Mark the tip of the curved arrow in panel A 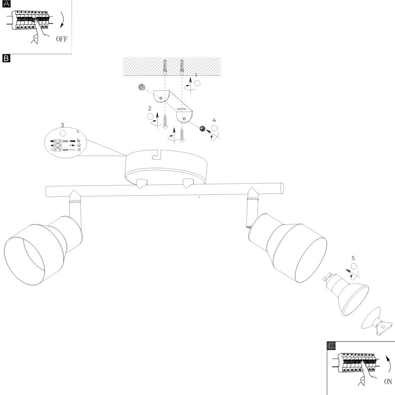61,28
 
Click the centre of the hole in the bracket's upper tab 161,98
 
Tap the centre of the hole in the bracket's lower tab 185,119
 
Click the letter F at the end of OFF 65,39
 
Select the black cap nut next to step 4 202,129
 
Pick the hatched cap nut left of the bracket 142,87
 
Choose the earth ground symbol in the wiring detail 79,145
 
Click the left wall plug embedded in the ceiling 165,67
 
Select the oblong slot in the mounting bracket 181,110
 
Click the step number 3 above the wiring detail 63,125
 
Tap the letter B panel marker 6,58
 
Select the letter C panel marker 331,346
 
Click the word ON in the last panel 388,381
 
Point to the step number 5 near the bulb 353,258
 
